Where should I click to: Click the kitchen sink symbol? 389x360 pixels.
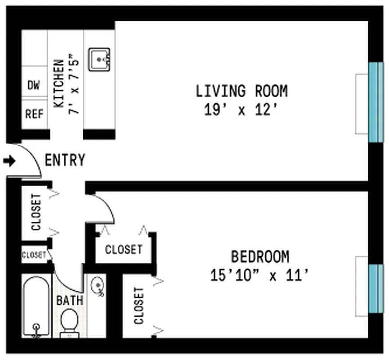[x=99, y=59]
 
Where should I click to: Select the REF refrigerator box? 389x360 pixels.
[x=34, y=114]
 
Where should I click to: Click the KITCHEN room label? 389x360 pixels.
[x=58, y=84]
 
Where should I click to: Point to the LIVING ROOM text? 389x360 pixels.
[x=241, y=91]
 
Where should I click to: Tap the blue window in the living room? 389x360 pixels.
[x=376, y=102]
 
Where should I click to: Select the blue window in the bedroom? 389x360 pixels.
[x=376, y=288]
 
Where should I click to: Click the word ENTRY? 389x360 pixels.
[x=65, y=160]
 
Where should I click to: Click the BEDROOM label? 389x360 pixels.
[x=260, y=256]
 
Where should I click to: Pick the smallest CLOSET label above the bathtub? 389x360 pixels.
[x=34, y=255]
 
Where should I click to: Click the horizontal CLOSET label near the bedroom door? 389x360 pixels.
[x=124, y=249]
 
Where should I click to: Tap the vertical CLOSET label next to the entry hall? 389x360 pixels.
[x=36, y=212]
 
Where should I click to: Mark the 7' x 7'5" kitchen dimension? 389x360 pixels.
[x=74, y=84]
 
